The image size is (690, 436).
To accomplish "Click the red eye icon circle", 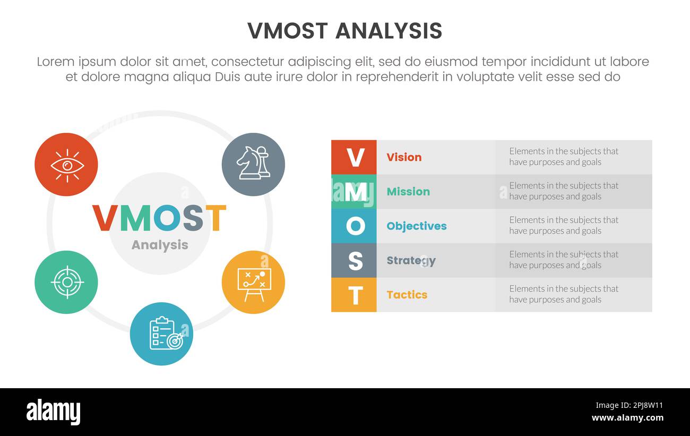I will click(x=66, y=165).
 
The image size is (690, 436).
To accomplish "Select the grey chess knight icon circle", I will click(x=253, y=165).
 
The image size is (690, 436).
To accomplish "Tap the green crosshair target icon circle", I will click(x=66, y=282).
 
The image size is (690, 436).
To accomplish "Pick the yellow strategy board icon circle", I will click(x=253, y=282).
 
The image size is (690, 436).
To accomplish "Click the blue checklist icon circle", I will click(x=161, y=334).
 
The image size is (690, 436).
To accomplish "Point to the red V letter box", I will click(x=354, y=157).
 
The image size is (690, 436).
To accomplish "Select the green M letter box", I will click(x=354, y=192).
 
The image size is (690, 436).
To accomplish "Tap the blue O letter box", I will click(x=354, y=226).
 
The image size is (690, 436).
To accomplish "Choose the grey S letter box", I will click(x=354, y=261).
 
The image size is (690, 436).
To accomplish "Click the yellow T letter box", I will click(x=354, y=295).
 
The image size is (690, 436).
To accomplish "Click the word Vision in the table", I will click(x=404, y=157).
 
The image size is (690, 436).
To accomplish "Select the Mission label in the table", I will click(x=408, y=192).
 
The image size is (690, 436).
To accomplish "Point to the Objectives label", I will click(x=417, y=226).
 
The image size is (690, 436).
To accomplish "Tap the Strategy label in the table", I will click(x=411, y=261).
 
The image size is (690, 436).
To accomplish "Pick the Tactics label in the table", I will click(x=407, y=295).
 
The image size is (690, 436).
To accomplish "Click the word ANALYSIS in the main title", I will click(x=389, y=31).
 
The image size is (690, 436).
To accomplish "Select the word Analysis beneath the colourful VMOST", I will click(x=160, y=245).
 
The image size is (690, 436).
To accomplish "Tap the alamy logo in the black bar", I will click(x=54, y=412).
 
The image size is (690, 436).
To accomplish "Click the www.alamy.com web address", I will click(x=627, y=418).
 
